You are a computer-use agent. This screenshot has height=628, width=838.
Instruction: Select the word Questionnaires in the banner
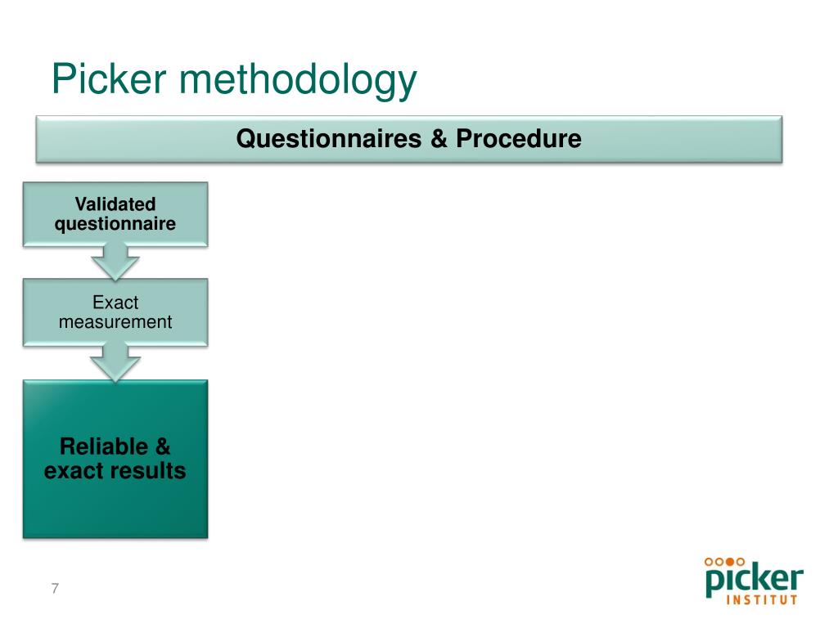(328, 139)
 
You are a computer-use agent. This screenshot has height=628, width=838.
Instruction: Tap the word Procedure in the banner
(518, 139)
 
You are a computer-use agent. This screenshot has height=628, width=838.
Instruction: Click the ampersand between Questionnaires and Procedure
(438, 139)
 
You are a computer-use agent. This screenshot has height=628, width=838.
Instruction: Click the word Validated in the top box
(115, 204)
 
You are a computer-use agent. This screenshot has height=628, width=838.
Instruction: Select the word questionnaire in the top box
(115, 223)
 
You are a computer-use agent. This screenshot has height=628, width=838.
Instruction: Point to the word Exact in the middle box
(115, 303)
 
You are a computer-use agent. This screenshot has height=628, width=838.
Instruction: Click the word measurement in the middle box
(115, 322)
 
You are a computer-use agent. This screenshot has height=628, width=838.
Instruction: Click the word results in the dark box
(151, 471)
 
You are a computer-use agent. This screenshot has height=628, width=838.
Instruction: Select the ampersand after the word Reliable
(162, 446)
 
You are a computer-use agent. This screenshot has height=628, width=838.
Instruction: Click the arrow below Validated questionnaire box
(115, 262)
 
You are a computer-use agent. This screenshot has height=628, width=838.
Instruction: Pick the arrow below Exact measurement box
(115, 362)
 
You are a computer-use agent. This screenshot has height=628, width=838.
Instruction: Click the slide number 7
(55, 589)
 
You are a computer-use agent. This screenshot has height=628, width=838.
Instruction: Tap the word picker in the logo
(754, 581)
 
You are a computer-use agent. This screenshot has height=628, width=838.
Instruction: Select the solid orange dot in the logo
(730, 562)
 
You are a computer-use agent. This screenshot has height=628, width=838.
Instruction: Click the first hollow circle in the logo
(709, 562)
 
